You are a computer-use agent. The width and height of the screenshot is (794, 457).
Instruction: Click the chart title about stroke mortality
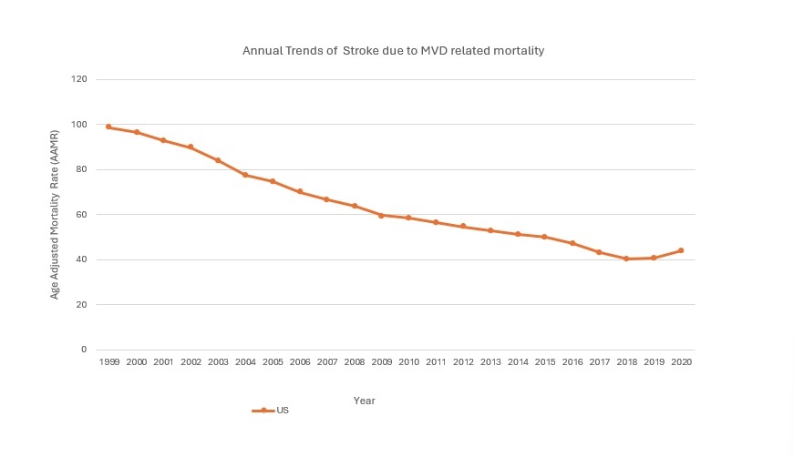(393, 51)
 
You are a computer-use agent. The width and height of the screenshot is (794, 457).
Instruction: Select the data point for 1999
(108, 127)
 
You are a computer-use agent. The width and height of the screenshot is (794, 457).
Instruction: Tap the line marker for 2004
(245, 175)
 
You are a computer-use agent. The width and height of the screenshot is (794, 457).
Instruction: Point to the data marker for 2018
(626, 259)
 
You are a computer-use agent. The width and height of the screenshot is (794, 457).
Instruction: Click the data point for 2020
(681, 250)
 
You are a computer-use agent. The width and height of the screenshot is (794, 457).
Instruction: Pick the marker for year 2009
(381, 215)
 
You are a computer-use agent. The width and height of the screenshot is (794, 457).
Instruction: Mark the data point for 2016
(572, 243)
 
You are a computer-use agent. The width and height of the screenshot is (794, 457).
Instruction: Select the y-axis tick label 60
(81, 215)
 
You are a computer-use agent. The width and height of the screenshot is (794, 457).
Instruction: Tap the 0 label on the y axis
(84, 350)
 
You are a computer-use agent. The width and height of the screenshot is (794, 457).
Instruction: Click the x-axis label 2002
(191, 362)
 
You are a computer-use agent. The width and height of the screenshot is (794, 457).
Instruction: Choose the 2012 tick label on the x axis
(463, 362)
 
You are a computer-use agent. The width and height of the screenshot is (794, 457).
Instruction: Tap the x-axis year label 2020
(681, 362)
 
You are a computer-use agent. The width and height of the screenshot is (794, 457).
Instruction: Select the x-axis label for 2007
(326, 362)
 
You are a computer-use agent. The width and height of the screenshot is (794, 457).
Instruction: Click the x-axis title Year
(364, 401)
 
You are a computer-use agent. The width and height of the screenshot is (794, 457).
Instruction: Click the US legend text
(283, 411)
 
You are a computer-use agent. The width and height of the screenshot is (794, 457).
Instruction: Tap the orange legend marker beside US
(263, 411)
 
